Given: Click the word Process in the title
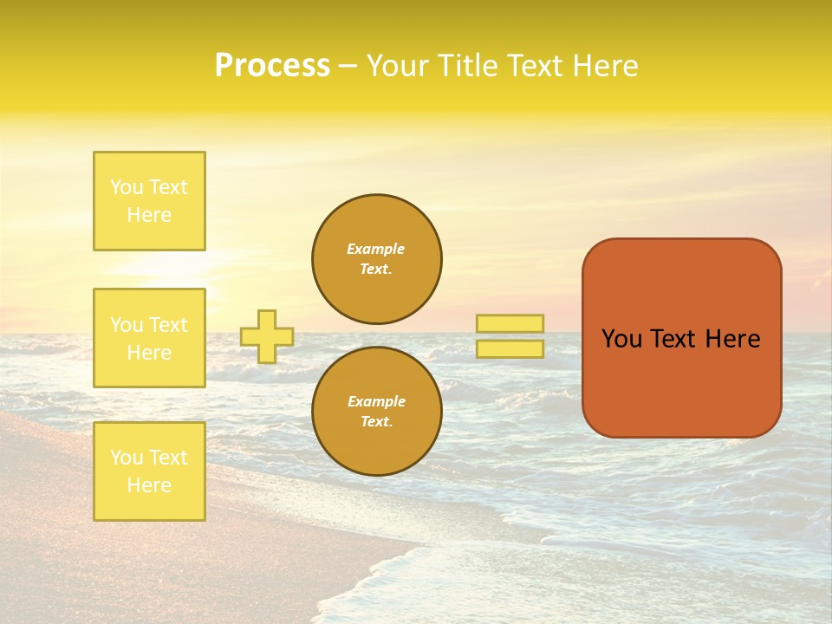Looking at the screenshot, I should click(x=272, y=66).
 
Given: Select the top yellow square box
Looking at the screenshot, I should click(x=149, y=201).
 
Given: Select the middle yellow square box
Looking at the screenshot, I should click(x=149, y=338).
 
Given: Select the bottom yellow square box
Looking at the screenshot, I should click(x=149, y=471).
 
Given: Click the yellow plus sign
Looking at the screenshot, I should click(x=267, y=336).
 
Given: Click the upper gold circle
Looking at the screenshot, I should click(x=377, y=259).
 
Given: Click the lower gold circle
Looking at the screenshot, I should click(x=377, y=412).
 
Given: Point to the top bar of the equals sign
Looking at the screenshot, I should click(x=510, y=323).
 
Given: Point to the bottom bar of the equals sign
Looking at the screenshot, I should click(x=510, y=349).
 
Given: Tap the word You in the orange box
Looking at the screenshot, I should click(x=621, y=339).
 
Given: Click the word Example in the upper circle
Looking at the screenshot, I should click(x=376, y=249).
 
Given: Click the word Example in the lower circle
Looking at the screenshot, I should click(x=376, y=401).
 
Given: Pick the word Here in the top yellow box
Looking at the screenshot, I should click(x=149, y=215).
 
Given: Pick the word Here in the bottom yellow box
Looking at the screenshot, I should click(x=149, y=485).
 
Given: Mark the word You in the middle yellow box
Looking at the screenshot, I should click(x=127, y=325).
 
